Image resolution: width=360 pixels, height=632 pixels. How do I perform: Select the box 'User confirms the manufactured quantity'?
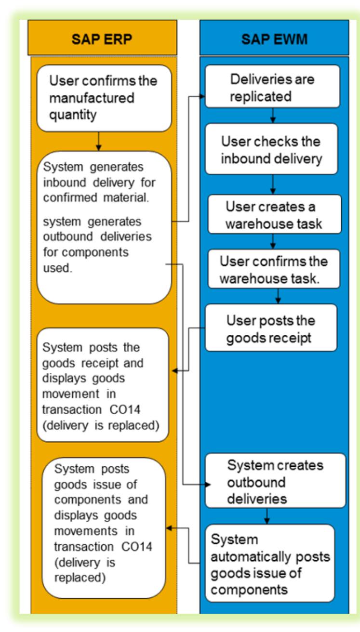104,98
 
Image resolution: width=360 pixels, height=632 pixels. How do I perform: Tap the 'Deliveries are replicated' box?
272,87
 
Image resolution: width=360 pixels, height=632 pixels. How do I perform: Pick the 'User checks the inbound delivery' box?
272,150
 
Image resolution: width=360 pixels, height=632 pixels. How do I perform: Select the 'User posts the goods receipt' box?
271,327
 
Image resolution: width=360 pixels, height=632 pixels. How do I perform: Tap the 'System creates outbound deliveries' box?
275,480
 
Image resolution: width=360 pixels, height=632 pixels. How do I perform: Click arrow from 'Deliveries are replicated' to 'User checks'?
273,116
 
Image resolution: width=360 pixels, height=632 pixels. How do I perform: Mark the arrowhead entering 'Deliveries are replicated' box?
202,95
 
